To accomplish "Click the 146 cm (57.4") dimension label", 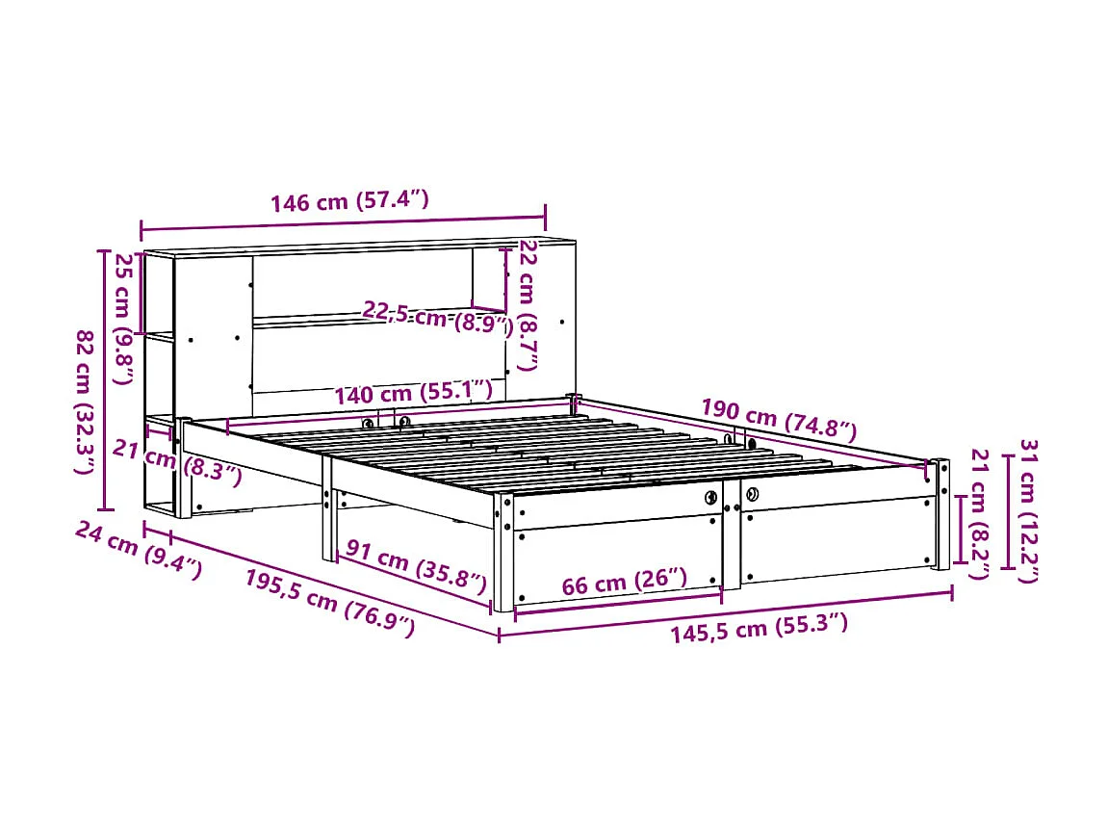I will click(348, 202).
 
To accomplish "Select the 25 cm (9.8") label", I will click(124, 318).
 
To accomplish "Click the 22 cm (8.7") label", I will click(527, 305).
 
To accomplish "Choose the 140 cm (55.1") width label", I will click(413, 393).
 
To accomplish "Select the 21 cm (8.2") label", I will click(980, 514).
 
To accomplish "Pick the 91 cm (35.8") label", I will click(416, 567).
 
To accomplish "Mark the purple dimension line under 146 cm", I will click(343, 224).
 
